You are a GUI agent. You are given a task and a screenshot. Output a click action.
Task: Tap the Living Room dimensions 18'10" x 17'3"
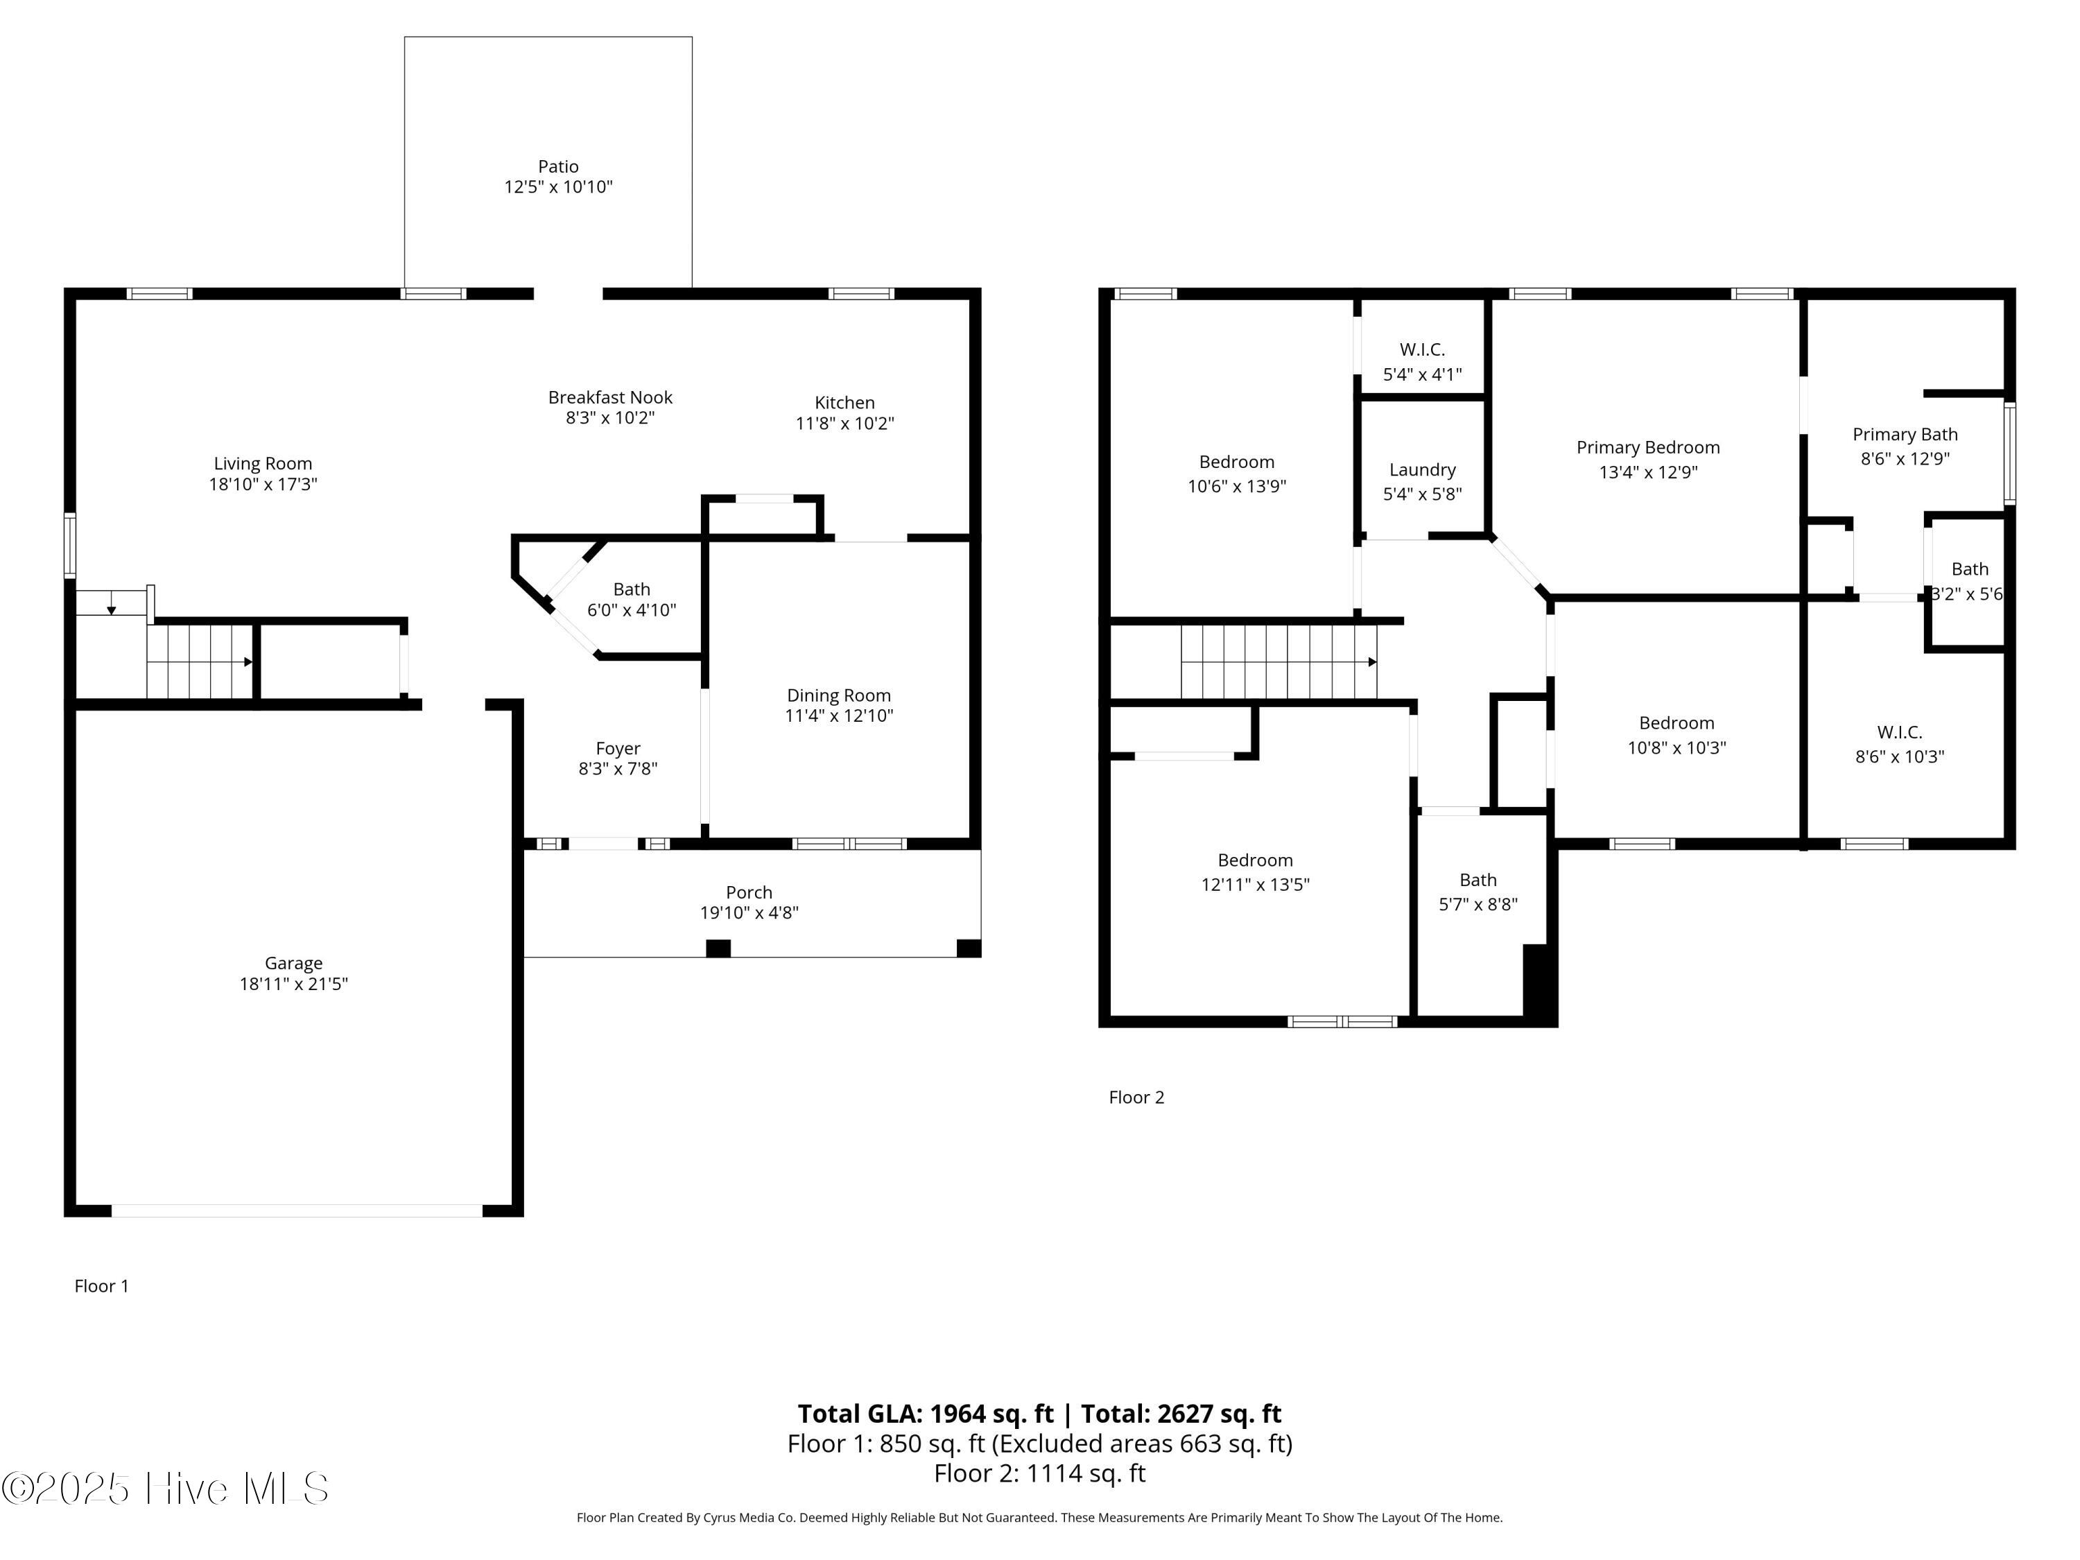(263, 484)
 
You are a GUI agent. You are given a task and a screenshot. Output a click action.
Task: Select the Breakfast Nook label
(610, 398)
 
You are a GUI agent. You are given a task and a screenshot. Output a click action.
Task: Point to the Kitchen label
(844, 402)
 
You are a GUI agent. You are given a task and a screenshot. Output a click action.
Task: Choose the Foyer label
(618, 749)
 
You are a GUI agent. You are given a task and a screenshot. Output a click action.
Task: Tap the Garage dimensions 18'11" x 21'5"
(293, 984)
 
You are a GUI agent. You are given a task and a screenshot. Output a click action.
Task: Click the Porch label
(749, 892)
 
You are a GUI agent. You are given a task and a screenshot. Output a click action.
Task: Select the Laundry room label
(1423, 470)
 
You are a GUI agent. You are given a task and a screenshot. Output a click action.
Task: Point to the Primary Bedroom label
(1648, 448)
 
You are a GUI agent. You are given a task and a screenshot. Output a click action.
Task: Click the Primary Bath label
(1905, 435)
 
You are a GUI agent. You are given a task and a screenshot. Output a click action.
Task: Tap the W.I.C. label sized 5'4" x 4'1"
(1423, 350)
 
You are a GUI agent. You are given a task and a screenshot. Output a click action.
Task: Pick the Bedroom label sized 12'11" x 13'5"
(1256, 860)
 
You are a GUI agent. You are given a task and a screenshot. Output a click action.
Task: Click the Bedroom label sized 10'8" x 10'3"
(1676, 723)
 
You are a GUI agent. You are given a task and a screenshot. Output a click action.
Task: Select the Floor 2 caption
(1137, 1098)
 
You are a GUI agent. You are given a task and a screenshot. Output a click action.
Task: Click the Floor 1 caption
(101, 1286)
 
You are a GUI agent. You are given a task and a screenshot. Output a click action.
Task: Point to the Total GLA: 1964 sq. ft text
(926, 1414)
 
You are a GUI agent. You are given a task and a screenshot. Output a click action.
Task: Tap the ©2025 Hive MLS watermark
(166, 1489)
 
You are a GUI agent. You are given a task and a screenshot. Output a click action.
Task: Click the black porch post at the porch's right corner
(969, 948)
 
